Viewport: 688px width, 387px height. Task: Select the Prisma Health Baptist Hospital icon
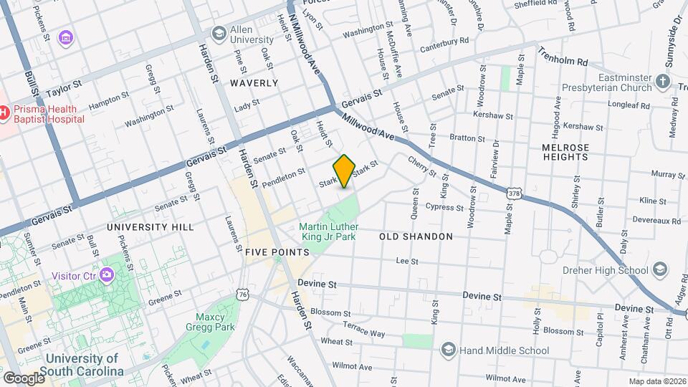[x=4, y=113]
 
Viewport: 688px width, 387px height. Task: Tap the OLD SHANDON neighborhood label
[x=416, y=236]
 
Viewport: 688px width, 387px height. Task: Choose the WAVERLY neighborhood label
[x=254, y=83]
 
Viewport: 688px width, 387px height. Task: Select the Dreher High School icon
[x=659, y=270]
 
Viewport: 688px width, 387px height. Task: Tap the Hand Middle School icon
[x=449, y=350]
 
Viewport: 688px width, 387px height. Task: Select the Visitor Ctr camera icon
[x=107, y=274]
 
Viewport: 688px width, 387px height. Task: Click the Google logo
[x=24, y=378]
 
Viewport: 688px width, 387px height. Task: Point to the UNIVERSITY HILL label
[x=150, y=227]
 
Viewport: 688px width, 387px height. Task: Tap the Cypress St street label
[x=444, y=207]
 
